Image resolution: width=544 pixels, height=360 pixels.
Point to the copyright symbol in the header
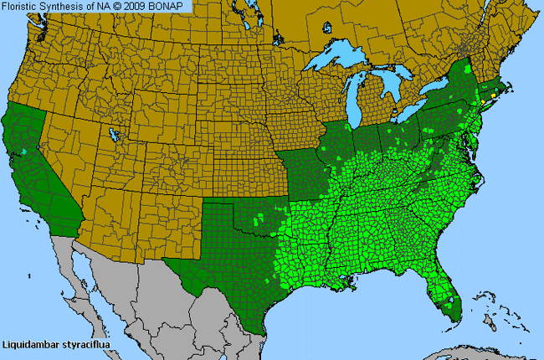pyautogui.click(x=109, y=6)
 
